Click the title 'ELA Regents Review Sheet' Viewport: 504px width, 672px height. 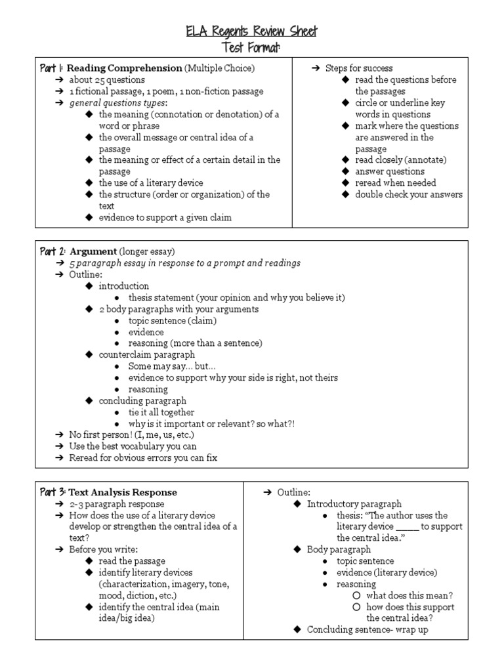click(252, 31)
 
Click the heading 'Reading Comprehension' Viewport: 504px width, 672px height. click(125, 68)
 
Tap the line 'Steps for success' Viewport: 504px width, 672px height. click(359, 68)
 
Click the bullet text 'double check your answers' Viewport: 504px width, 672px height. click(409, 194)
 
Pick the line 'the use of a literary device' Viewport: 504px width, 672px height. click(151, 183)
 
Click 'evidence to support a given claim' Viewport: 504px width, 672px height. click(165, 217)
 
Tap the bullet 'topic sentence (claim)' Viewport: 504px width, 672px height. click(173, 321)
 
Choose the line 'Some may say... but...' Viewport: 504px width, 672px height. click(172, 366)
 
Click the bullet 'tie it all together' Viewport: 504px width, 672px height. click(161, 412)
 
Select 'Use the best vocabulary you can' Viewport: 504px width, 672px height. click(133, 446)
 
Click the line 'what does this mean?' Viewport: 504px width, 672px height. click(409, 595)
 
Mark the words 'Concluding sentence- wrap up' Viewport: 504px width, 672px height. click(371, 630)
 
